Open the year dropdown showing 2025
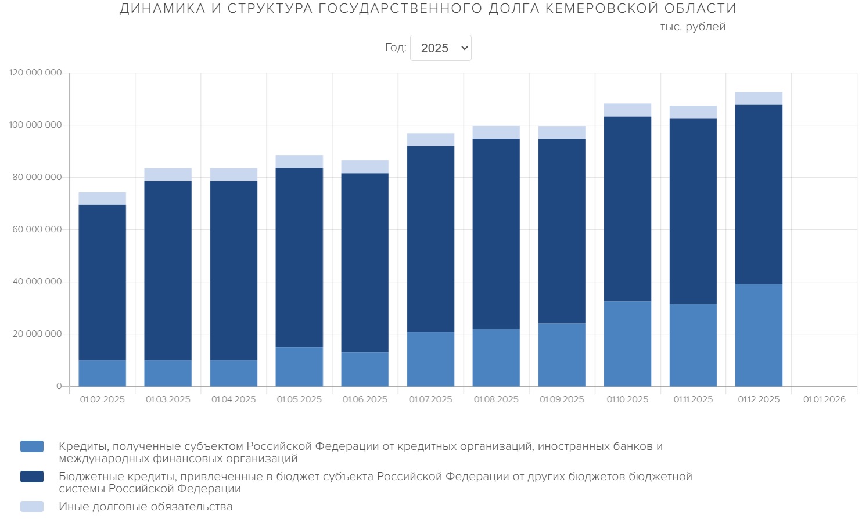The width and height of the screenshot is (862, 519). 441,48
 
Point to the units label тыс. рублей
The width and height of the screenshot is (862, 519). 692,27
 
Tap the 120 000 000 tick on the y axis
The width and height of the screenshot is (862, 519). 35,73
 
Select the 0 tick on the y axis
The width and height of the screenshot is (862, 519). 59,386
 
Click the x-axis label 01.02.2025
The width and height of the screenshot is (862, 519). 102,399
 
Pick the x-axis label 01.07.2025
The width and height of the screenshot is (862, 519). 430,399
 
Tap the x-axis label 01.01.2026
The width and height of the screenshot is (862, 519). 824,399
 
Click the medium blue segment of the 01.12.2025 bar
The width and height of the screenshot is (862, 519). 759,335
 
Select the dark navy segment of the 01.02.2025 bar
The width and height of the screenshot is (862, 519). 102,282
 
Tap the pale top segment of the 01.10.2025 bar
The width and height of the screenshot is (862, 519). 627,110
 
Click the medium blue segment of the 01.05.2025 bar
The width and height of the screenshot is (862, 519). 299,366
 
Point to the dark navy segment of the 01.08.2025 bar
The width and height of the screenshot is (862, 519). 496,233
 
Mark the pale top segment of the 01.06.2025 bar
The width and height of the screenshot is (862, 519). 365,167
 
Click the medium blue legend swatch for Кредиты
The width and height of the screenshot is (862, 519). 32,446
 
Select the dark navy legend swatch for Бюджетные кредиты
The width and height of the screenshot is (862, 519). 32,477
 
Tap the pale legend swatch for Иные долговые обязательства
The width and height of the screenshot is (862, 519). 32,507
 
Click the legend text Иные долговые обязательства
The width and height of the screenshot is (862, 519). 145,507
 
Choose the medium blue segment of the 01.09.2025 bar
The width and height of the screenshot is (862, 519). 562,355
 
